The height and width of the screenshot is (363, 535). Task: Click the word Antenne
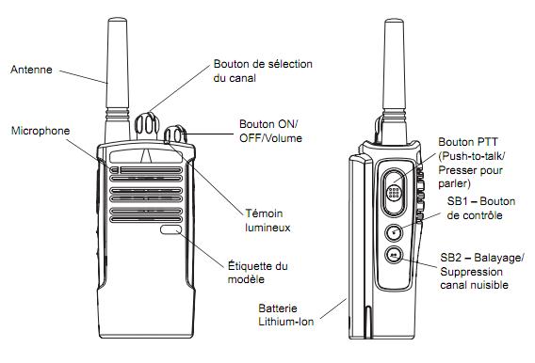[x=31, y=70]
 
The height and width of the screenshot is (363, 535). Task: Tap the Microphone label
[x=41, y=131]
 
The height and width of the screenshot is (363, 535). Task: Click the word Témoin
[x=264, y=213]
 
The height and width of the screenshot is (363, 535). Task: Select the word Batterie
[x=278, y=308]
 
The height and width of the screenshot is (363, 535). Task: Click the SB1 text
[x=457, y=201]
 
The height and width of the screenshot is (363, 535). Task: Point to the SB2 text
[x=451, y=258]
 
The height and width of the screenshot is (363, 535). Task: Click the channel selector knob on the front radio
[x=147, y=125]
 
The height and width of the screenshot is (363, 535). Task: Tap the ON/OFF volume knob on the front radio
[x=175, y=134]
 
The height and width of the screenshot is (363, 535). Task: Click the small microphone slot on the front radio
[x=114, y=170]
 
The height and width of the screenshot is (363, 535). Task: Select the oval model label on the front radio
[x=170, y=229]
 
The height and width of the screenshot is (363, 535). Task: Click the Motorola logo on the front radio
[x=146, y=155]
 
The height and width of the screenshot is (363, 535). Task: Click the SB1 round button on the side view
[x=394, y=233]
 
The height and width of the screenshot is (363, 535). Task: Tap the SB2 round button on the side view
[x=394, y=255]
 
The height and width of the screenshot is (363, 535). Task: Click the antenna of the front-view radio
[x=118, y=79]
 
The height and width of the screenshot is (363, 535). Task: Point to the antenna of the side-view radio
[x=395, y=81]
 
